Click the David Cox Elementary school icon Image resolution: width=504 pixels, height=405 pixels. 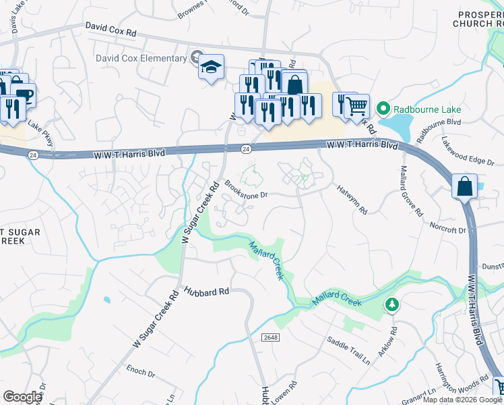tap(212, 67)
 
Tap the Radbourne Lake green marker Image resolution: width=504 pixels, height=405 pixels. tap(383, 108)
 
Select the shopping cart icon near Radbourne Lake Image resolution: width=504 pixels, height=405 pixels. tap(357, 105)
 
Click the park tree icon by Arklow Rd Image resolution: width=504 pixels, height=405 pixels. tap(391, 305)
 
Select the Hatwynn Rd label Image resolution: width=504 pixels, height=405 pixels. tap(352, 200)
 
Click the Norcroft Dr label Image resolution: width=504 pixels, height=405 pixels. tap(448, 226)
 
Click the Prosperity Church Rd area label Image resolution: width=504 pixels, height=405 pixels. tap(478, 19)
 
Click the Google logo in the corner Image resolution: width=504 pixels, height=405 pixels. tap(22, 397)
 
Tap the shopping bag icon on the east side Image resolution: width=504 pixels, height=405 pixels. tap(466, 186)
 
